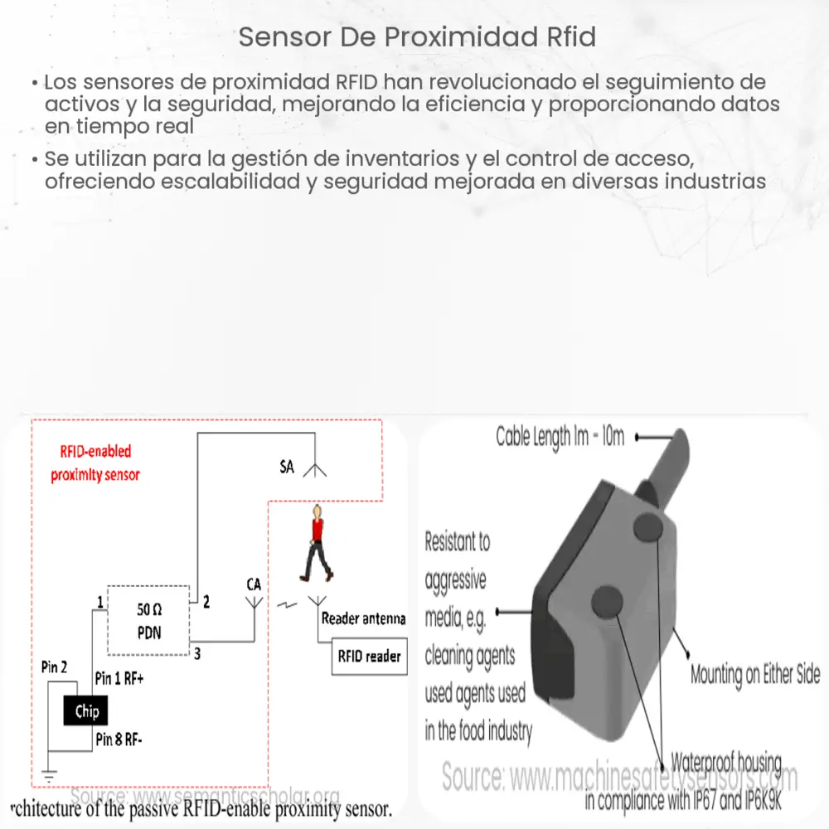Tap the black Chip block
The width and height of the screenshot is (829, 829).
(x=87, y=711)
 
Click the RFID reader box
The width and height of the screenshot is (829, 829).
(x=369, y=657)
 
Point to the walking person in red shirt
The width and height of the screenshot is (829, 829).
(x=316, y=544)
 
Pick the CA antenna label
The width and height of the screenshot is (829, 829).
(x=254, y=584)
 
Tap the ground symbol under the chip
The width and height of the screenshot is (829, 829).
(x=48, y=778)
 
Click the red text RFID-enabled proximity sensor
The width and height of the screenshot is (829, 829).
(x=95, y=463)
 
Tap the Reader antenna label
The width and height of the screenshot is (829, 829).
(x=363, y=618)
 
